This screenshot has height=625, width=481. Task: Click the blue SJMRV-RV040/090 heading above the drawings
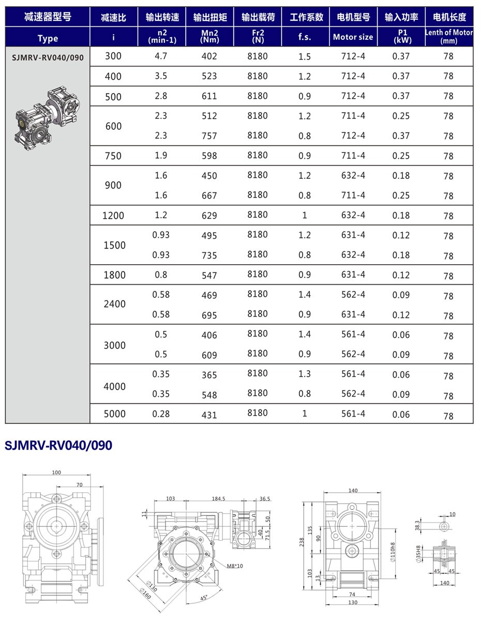58,445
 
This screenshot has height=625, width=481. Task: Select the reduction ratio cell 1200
113,216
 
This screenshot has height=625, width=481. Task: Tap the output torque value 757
209,136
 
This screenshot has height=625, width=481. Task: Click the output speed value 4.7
161,56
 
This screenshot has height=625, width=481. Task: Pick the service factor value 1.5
305,56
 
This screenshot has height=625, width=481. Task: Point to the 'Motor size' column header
353,37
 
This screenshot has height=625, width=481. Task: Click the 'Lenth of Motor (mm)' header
448,36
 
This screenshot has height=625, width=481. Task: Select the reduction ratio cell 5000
114,414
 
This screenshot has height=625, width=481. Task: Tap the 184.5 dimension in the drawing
218,499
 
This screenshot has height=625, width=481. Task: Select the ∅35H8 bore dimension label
418,553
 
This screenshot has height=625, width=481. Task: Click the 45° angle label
204,598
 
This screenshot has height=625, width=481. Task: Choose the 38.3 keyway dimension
418,526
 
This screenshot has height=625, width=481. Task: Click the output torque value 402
209,56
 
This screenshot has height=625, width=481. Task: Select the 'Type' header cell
48,38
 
